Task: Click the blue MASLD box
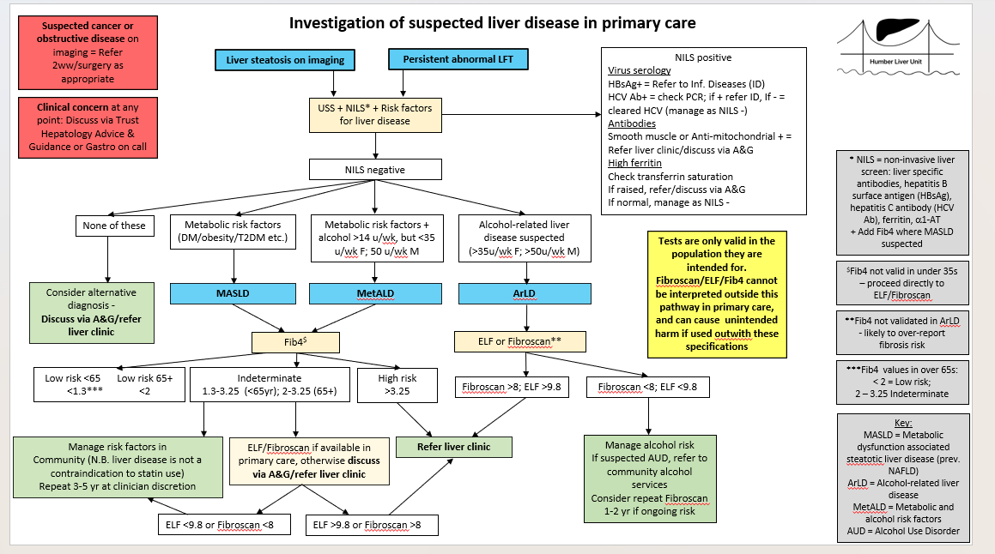(x=233, y=293)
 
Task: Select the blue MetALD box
(x=375, y=293)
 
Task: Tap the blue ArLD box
(x=525, y=293)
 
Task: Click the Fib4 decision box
(x=295, y=342)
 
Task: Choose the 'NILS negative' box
(x=375, y=170)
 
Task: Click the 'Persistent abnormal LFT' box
(x=458, y=59)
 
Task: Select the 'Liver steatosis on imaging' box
(x=285, y=60)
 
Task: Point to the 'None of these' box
(x=114, y=226)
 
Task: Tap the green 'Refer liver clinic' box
(x=453, y=447)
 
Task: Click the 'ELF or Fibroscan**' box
(x=519, y=341)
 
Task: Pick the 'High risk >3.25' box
(x=397, y=385)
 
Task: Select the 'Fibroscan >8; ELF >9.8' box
(x=512, y=387)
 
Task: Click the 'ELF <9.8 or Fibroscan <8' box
(x=225, y=525)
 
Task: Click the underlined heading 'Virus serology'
(x=639, y=70)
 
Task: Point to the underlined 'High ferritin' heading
(x=634, y=163)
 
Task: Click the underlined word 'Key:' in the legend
(x=903, y=423)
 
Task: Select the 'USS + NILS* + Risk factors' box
(x=375, y=115)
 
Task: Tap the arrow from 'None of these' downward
(x=108, y=260)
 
